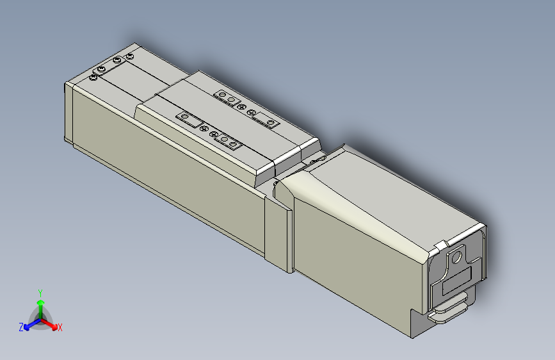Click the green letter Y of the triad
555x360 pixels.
(x=40, y=292)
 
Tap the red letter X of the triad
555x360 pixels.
(x=60, y=328)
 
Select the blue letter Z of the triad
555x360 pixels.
(x=21, y=327)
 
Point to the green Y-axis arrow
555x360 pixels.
(x=40, y=304)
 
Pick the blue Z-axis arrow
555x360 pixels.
(x=29, y=323)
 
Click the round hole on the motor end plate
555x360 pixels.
(x=456, y=258)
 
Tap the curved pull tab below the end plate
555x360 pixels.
(x=452, y=312)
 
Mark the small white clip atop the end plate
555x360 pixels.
(x=441, y=245)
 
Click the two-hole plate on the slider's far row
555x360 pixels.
(x=228, y=97)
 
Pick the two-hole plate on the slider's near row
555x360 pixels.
(x=228, y=141)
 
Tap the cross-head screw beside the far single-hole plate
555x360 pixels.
(x=250, y=112)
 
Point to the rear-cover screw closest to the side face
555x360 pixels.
(x=94, y=78)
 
